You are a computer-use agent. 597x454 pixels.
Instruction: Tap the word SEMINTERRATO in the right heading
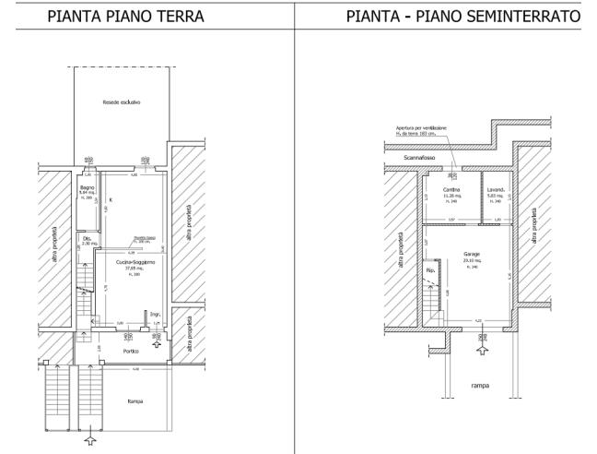pyautogui.click(x=525, y=16)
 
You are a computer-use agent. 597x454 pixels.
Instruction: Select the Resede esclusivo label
pyautogui.click(x=122, y=102)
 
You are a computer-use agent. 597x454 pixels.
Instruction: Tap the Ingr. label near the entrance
pyautogui.click(x=157, y=315)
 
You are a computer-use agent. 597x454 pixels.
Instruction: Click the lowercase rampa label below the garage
pyautogui.click(x=480, y=385)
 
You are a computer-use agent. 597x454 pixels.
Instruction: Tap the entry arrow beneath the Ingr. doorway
pyautogui.click(x=156, y=342)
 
